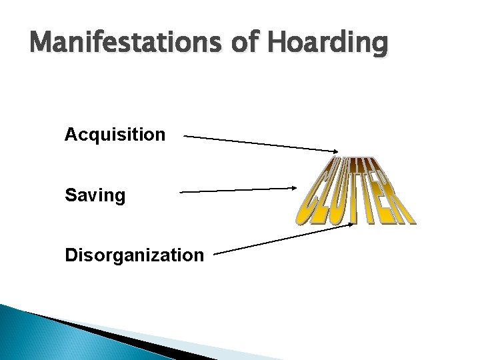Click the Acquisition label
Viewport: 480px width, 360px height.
[115, 135]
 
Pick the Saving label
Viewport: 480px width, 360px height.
[95, 196]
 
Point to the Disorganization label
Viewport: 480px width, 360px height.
[134, 255]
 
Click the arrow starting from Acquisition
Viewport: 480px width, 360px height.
[260, 143]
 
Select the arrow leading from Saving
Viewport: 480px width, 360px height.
[237, 190]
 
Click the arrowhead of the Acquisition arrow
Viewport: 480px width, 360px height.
[335, 151]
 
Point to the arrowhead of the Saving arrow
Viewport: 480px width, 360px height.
[293, 188]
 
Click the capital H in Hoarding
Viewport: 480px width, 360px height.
[278, 43]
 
